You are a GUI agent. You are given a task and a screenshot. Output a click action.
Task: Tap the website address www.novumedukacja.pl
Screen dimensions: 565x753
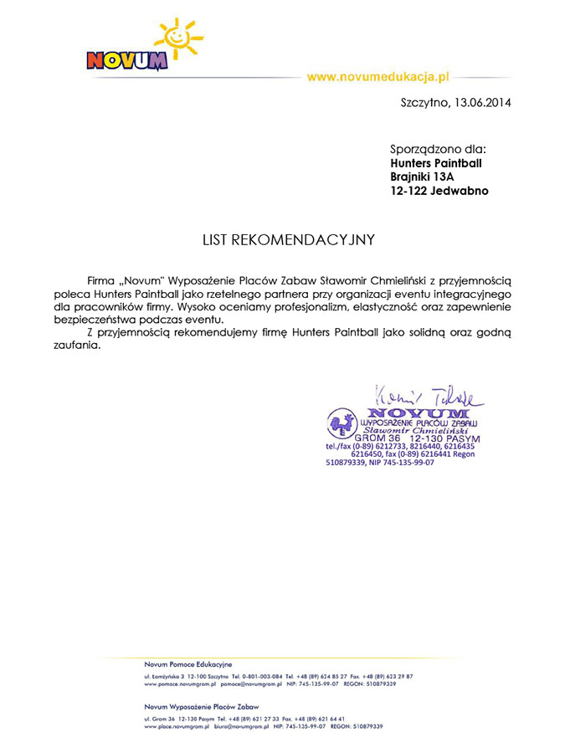click(x=378, y=77)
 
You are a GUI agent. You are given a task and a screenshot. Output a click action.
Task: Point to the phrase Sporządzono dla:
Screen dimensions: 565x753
click(x=438, y=149)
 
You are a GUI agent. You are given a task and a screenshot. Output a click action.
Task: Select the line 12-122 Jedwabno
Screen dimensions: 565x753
click(x=439, y=191)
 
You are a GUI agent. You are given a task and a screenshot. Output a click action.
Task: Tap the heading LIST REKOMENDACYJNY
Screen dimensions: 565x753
click(x=289, y=240)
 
